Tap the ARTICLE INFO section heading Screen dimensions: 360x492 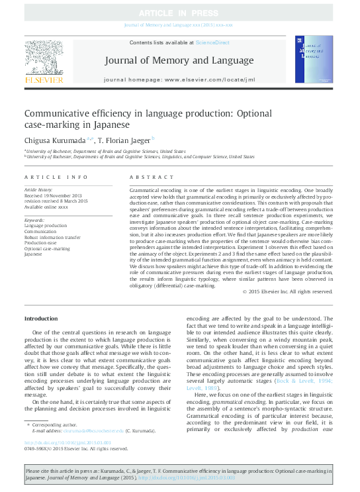pyautogui.click(x=56, y=177)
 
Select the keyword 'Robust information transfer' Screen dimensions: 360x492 pyautogui.click(x=53, y=237)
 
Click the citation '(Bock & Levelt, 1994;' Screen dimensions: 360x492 pyautogui.click(x=308, y=382)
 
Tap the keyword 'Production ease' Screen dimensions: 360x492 pyautogui.click(x=42, y=242)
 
